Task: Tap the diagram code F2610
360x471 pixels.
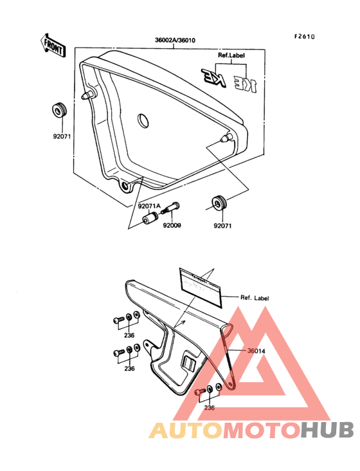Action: click(x=305, y=37)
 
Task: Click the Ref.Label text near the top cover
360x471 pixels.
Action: click(x=232, y=55)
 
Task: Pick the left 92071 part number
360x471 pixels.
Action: click(x=62, y=136)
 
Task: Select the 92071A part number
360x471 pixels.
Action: click(x=149, y=207)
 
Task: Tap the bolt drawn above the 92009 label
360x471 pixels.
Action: click(x=170, y=210)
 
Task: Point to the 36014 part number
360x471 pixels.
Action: click(x=256, y=351)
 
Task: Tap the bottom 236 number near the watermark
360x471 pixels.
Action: click(x=210, y=407)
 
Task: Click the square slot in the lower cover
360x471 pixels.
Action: click(x=190, y=363)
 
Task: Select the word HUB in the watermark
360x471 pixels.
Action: click(x=327, y=429)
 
